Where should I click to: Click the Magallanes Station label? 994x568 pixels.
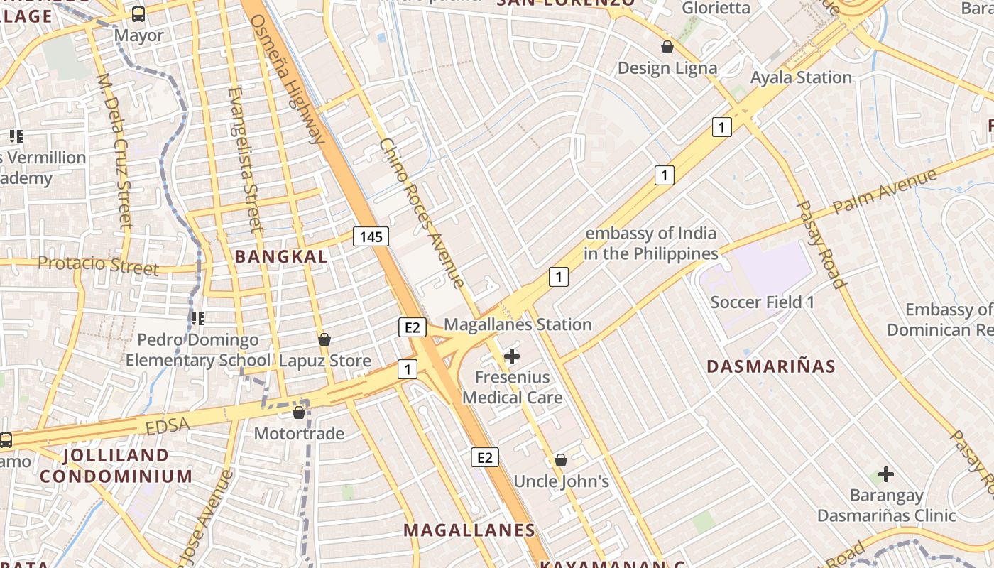click(x=518, y=324)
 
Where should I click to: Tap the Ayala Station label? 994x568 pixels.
click(x=801, y=77)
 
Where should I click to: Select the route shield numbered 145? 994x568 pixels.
click(x=371, y=236)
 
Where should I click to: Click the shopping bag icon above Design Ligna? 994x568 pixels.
click(x=667, y=48)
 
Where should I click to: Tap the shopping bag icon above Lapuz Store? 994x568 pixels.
click(x=324, y=339)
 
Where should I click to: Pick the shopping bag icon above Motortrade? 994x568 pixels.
click(x=299, y=412)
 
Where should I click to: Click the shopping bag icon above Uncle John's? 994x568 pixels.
click(x=561, y=460)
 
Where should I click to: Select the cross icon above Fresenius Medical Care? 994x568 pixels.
click(x=511, y=356)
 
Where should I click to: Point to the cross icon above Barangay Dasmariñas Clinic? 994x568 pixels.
click(x=885, y=474)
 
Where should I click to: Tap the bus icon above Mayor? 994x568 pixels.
click(x=138, y=13)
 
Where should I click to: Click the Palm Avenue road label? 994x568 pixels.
click(x=885, y=190)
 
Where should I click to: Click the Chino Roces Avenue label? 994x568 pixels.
click(x=422, y=212)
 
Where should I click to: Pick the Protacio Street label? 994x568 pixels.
click(x=98, y=266)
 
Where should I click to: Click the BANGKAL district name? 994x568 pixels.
click(x=281, y=256)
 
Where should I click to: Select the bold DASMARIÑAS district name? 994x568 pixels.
click(x=771, y=366)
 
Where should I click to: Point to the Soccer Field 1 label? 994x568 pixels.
click(x=763, y=302)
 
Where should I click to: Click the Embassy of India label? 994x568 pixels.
click(x=650, y=244)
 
